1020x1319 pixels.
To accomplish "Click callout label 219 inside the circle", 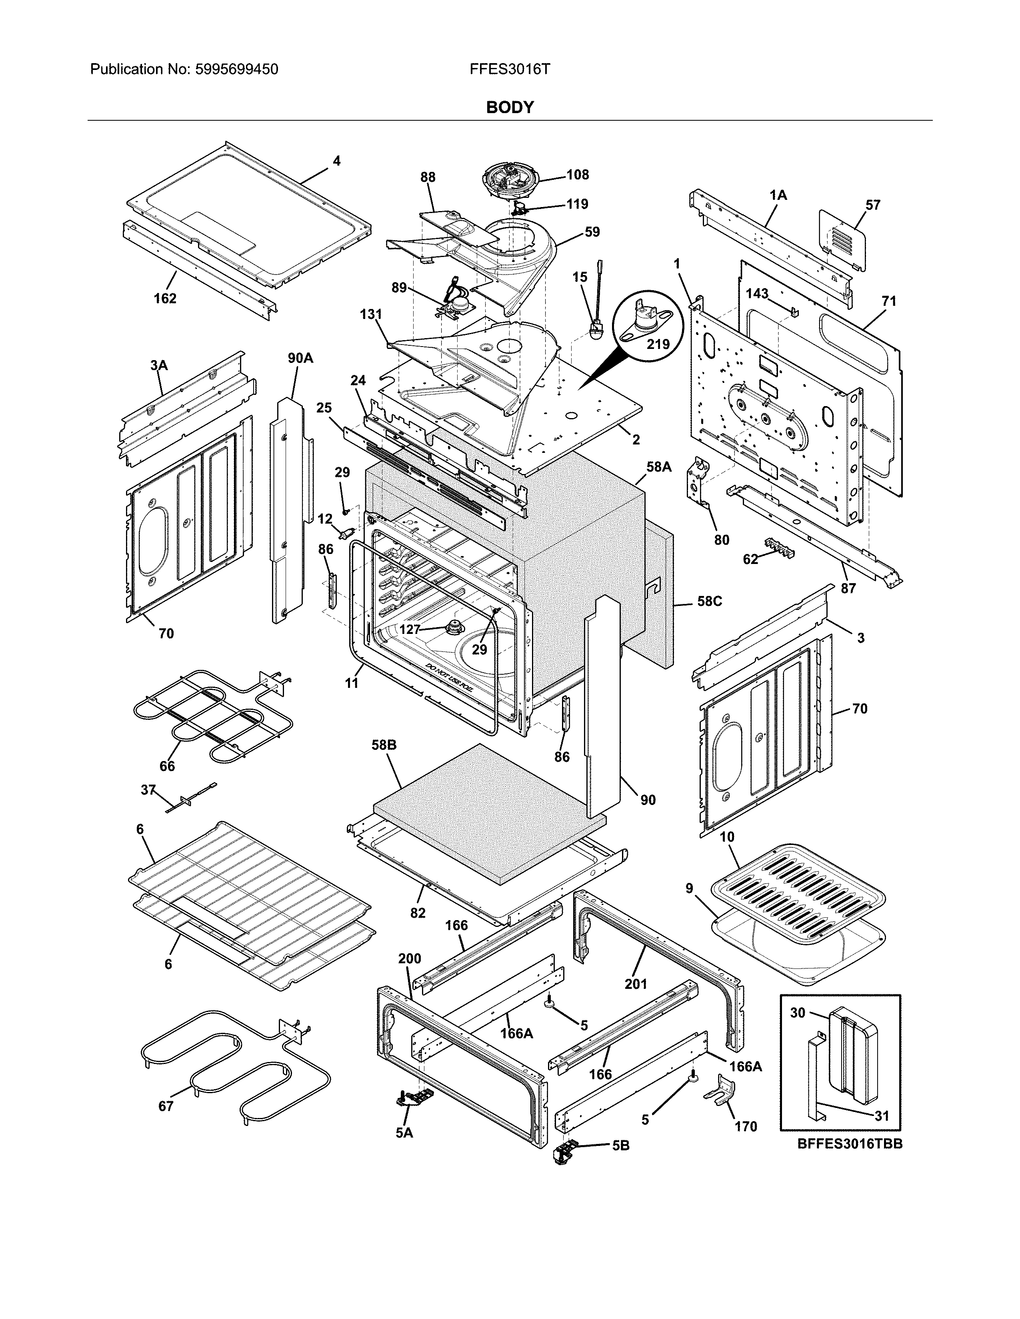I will coord(658,344).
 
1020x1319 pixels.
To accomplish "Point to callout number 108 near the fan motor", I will coord(577,175).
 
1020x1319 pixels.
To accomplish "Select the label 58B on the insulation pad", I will coord(384,745).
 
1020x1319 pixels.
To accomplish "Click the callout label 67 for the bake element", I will coord(166,1106).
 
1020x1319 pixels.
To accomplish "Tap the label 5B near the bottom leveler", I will coord(620,1145).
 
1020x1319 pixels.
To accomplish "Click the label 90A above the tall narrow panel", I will coord(300,358).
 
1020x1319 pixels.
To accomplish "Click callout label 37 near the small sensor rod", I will coord(148,789).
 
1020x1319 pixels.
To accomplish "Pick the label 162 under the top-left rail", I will coord(164,298).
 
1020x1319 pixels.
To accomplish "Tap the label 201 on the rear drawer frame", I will coord(636,984).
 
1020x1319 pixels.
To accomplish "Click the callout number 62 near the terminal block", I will coord(750,559).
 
